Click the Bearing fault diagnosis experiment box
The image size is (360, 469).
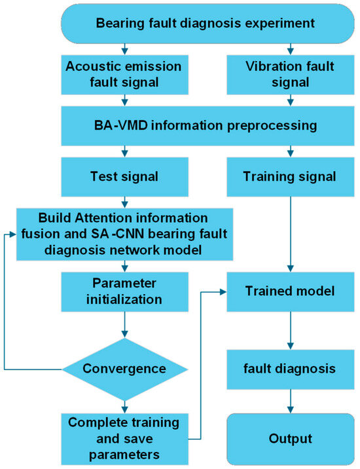207,24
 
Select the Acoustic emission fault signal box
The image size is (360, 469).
124,75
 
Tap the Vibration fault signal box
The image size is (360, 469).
291,75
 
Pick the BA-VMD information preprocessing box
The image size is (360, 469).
207,126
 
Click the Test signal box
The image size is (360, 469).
124,177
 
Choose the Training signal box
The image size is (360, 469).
291,177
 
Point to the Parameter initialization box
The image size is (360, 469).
124,291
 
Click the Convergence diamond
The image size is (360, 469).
124,369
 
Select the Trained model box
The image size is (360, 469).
291,291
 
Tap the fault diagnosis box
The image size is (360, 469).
291,369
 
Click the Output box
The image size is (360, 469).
291,439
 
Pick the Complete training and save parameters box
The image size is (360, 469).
124,439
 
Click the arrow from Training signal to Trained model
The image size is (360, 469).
291,235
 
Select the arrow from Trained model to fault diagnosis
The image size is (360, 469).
291,331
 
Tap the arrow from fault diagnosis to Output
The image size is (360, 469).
291,402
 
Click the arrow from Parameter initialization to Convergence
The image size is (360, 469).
124,325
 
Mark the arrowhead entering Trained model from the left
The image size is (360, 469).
223,292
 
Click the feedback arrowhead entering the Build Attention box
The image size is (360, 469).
13,235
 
